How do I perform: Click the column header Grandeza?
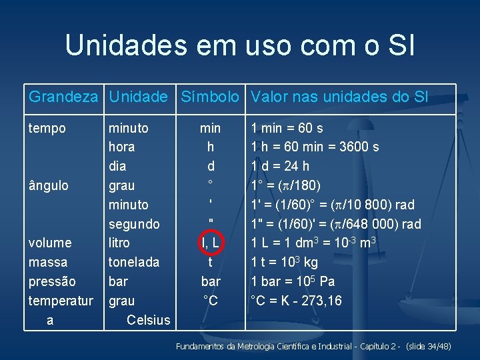(x=63, y=97)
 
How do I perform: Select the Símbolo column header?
(x=210, y=97)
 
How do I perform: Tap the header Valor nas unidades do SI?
(x=339, y=97)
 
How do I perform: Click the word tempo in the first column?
(x=47, y=128)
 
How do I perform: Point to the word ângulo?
(x=49, y=185)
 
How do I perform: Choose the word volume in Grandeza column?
(x=50, y=243)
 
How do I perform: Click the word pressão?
(x=52, y=282)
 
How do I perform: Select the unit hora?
(x=121, y=147)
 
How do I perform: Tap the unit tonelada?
(x=134, y=262)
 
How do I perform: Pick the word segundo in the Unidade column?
(x=134, y=224)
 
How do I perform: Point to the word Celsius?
(x=148, y=320)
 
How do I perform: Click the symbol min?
(x=211, y=128)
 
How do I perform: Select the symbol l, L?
(x=211, y=243)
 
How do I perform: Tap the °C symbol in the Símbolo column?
(x=211, y=301)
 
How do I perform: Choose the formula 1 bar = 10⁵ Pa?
(x=292, y=281)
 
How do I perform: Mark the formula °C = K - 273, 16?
(x=296, y=301)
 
